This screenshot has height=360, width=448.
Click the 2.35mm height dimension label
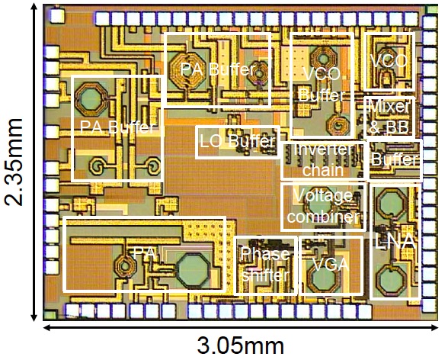point(14,162)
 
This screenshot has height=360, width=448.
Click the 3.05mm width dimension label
point(241,346)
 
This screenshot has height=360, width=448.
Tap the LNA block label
point(395,242)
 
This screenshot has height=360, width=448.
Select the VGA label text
point(331,265)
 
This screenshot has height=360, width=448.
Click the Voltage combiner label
point(323,206)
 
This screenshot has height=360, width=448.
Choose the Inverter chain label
point(323,160)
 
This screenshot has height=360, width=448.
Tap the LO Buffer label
point(238,141)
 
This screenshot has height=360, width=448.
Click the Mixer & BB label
point(389,117)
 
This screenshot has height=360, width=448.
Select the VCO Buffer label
point(322,85)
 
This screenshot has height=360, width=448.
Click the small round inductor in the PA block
point(124,266)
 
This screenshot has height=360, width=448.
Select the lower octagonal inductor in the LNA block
point(391,280)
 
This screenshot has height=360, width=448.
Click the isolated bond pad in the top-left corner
point(58,16)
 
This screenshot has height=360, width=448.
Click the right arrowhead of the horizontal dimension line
point(434,327)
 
